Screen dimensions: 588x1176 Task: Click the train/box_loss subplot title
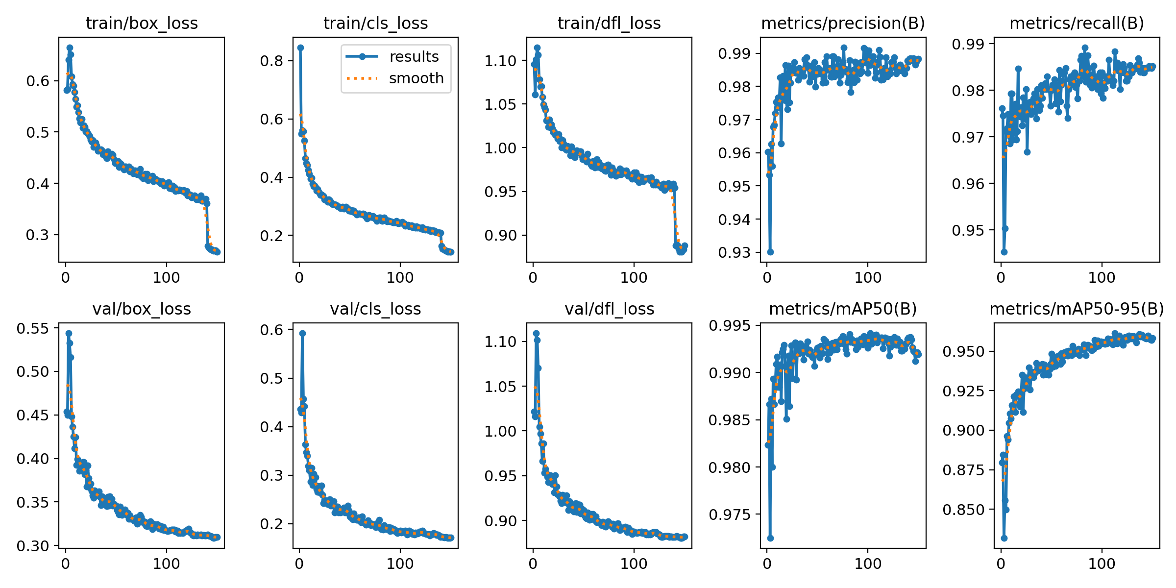point(142,23)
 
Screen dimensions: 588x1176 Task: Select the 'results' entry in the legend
point(414,57)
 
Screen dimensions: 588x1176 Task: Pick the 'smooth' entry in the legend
point(416,78)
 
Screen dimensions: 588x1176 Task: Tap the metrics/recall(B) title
point(1077,23)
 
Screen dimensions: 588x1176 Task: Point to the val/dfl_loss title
point(609,309)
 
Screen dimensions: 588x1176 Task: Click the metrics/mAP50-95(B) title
point(1077,309)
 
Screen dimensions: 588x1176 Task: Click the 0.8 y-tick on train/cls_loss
point(271,61)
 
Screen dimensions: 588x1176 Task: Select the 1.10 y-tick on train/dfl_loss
point(500,61)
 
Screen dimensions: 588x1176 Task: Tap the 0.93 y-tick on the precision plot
point(735,252)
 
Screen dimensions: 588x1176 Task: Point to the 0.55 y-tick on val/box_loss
point(33,328)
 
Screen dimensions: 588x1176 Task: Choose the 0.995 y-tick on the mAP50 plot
point(730,325)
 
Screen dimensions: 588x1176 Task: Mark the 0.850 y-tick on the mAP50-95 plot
point(963,510)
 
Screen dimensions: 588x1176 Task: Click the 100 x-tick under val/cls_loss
point(400,563)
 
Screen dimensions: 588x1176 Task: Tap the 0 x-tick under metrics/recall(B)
point(1001,278)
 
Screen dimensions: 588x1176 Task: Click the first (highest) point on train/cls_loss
point(300,48)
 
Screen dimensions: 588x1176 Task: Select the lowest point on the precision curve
point(770,252)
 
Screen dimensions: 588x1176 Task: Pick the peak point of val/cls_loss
point(302,333)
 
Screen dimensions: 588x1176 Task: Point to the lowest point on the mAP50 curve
point(770,538)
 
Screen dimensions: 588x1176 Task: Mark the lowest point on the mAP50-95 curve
point(1004,538)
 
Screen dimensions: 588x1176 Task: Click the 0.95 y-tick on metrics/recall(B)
point(968,230)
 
